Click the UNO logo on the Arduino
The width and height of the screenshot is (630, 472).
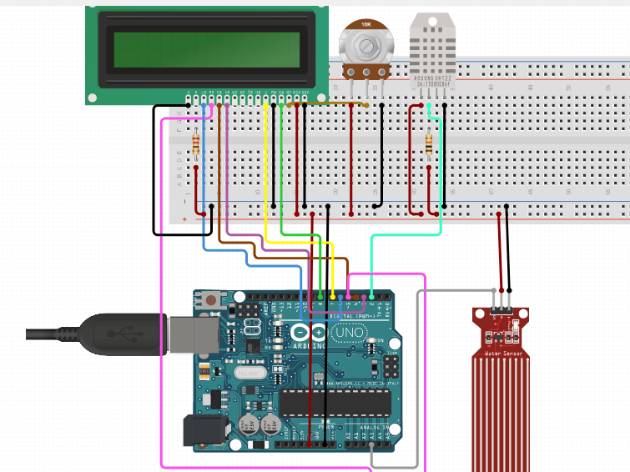349,332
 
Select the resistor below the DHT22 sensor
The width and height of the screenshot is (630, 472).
429,145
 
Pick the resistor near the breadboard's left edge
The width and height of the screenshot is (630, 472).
196,145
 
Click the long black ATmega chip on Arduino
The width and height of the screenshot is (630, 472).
335,403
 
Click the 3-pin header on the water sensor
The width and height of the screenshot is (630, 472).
501,309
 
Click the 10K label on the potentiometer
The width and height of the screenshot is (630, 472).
365,25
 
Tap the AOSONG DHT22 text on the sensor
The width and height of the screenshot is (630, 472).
433,78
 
